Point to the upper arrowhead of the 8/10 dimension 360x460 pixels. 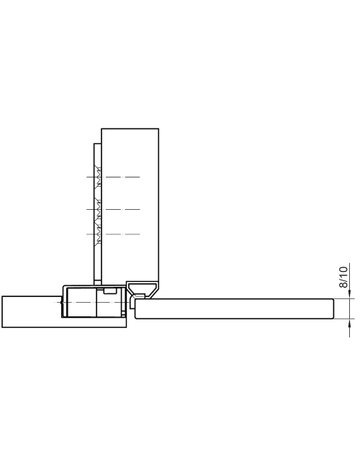tap(346, 295)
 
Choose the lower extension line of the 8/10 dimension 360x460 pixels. tap(338, 321)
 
